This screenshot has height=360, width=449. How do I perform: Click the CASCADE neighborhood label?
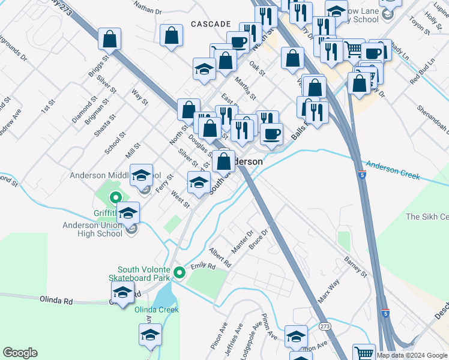[x=211, y=23]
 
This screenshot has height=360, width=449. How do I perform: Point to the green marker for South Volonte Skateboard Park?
[x=179, y=274]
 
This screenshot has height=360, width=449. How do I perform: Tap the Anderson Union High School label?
[x=92, y=229]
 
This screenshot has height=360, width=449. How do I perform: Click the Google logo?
[x=20, y=353]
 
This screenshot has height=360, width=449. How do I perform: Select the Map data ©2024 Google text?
[x=412, y=355]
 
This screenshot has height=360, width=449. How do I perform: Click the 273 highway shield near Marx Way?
[x=325, y=326]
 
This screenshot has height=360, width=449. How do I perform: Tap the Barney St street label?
[x=355, y=268]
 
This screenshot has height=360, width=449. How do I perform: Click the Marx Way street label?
[x=328, y=290]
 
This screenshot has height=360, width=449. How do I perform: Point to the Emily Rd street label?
[x=203, y=266]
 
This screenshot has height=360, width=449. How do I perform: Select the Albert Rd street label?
[x=220, y=256]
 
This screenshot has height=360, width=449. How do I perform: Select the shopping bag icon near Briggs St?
[x=110, y=40]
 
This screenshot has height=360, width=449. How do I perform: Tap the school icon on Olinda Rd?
[x=122, y=292]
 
